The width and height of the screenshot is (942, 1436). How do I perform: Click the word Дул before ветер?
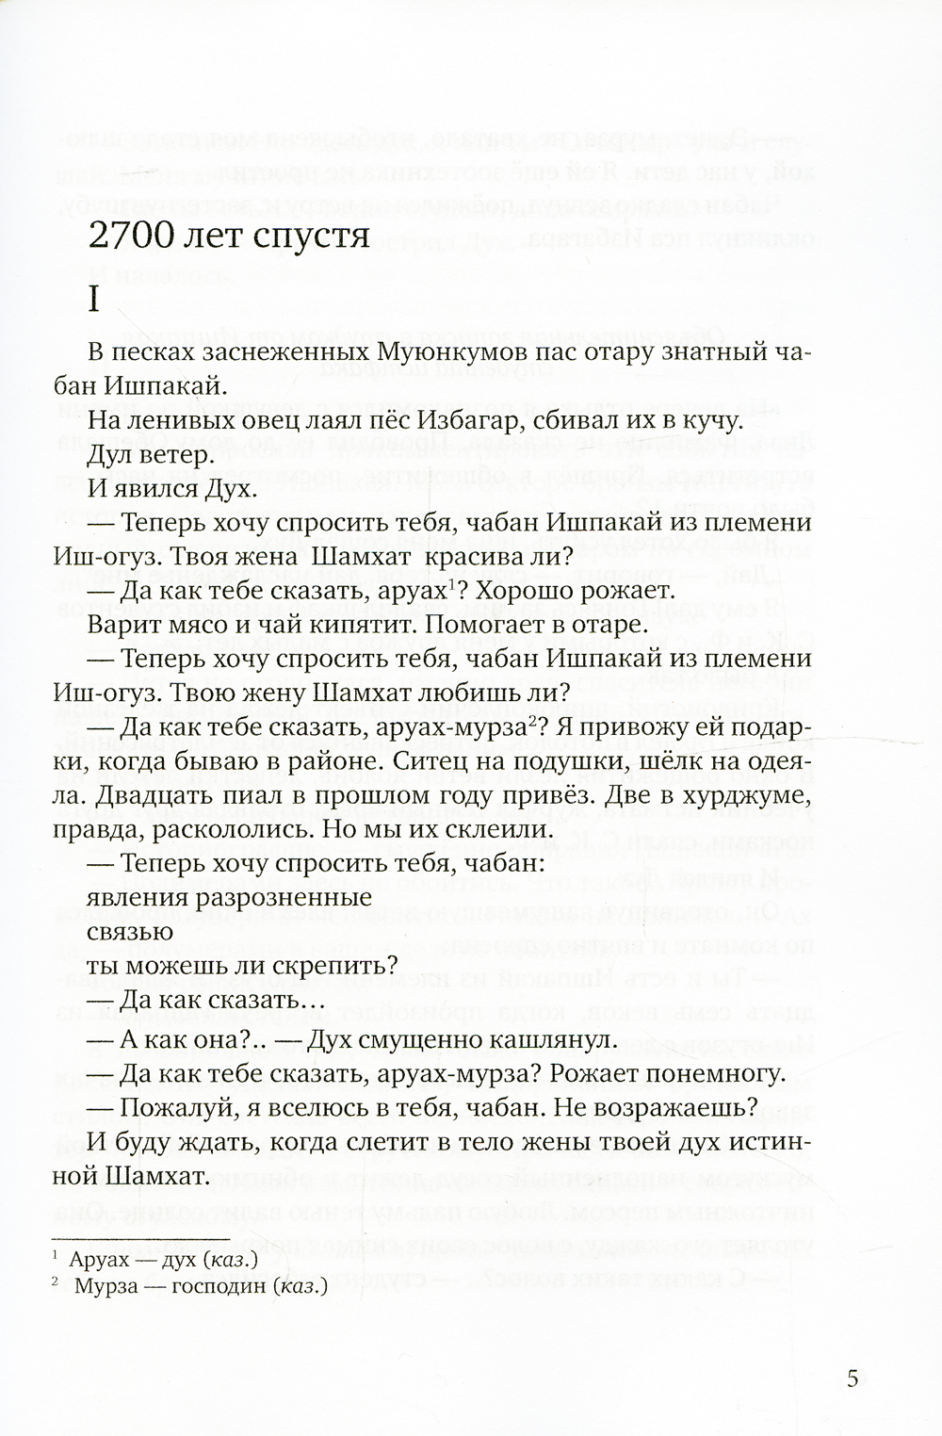click(x=109, y=455)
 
